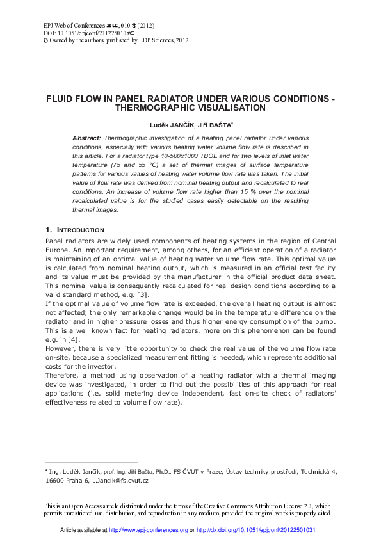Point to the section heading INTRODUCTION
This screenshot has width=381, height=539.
pyautogui.click(x=79, y=230)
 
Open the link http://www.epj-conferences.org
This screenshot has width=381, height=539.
pyautogui.click(x=149, y=531)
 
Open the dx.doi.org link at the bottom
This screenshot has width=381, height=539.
pyautogui.click(x=255, y=531)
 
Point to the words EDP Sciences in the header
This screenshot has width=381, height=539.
pyautogui.click(x=153, y=40)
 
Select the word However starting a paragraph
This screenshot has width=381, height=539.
pyautogui.click(x=60, y=348)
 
